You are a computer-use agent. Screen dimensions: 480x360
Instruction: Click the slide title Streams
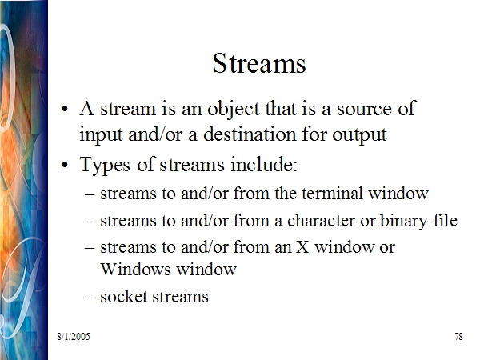(259, 63)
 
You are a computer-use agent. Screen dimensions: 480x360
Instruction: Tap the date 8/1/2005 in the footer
(74, 337)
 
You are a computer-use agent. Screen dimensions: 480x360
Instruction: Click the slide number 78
(458, 337)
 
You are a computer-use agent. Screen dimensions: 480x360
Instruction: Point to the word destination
(250, 134)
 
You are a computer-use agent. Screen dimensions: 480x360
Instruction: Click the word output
(359, 135)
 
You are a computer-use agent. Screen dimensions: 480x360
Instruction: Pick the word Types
(105, 166)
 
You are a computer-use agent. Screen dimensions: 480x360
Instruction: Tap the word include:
(264, 164)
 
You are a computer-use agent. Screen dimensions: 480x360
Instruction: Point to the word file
(446, 220)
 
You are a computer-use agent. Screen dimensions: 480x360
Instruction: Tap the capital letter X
(302, 247)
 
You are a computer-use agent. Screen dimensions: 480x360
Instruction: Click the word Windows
(135, 270)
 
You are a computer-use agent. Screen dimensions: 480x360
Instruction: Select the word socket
(123, 296)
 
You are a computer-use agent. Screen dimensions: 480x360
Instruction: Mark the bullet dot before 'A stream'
(65, 110)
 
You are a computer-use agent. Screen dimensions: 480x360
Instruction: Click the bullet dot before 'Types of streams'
(65, 165)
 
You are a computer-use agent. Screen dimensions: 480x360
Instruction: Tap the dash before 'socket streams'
(89, 298)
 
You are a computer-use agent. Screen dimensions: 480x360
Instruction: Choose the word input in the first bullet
(101, 135)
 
